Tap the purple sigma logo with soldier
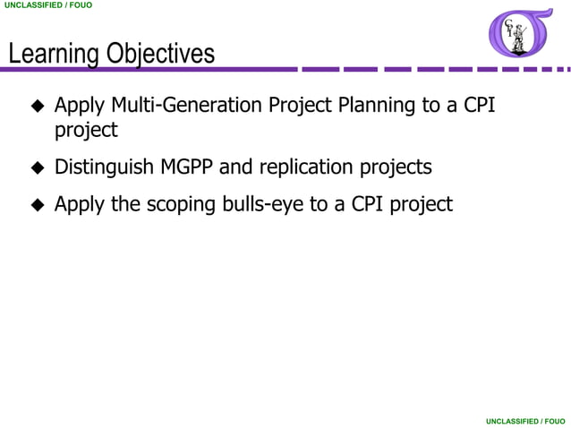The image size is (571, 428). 520,34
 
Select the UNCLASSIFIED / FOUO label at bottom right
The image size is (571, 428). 525,420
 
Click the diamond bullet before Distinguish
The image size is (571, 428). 38,168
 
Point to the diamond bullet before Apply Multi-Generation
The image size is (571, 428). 38,107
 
